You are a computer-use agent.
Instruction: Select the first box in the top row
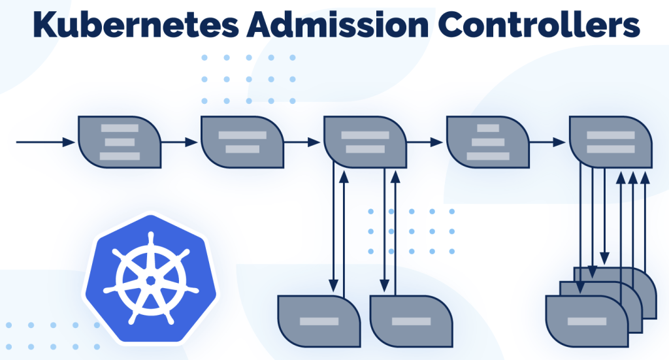coord(120,142)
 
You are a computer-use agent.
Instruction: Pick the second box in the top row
coord(242,142)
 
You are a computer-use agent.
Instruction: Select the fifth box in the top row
coord(611,142)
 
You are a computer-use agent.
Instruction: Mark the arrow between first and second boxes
coord(180,142)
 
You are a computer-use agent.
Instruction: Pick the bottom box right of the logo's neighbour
coord(412,321)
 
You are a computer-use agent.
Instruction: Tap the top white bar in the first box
coord(120,128)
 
